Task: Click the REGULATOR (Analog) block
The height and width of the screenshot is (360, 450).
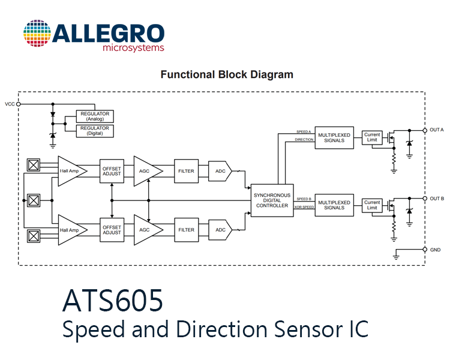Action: click(95, 116)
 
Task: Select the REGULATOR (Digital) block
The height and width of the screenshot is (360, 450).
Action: click(95, 131)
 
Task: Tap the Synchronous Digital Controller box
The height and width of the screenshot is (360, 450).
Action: click(272, 200)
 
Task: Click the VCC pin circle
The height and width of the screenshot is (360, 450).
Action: click(19, 104)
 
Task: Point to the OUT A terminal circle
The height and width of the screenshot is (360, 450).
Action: click(425, 130)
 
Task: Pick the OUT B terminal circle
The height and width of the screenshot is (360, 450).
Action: click(425, 199)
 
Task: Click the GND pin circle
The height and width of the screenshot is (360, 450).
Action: click(425, 249)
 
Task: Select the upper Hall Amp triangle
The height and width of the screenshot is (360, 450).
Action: click(73, 171)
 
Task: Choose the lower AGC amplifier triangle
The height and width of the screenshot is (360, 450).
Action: click(148, 230)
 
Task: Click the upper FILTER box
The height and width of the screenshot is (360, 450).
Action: click(186, 171)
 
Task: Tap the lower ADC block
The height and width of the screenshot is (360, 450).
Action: click(220, 230)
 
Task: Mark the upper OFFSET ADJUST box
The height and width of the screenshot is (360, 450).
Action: click(112, 171)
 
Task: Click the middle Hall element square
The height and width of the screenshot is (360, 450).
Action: click(34, 200)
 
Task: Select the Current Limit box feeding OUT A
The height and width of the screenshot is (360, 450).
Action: click(372, 137)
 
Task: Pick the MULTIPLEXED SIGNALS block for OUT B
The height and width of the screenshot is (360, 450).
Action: click(334, 205)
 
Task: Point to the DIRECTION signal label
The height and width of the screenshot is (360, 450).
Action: click(304, 140)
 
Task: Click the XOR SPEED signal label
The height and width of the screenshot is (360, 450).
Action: click(304, 207)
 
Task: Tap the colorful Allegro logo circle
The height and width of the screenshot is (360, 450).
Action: click(37, 34)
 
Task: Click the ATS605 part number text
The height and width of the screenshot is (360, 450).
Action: click(113, 300)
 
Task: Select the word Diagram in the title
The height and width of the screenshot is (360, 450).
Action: click(272, 74)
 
